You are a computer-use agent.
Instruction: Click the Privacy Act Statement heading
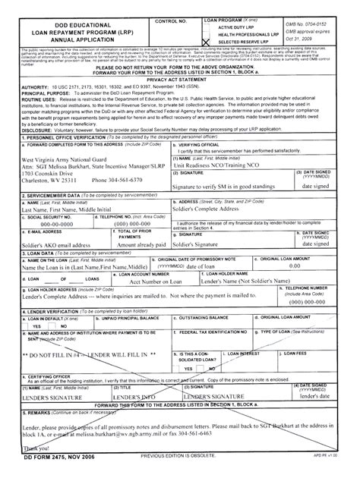point(179,78)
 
